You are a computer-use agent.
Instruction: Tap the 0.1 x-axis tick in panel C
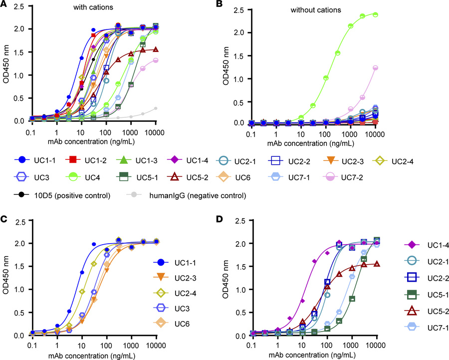[x=32, y=345]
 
